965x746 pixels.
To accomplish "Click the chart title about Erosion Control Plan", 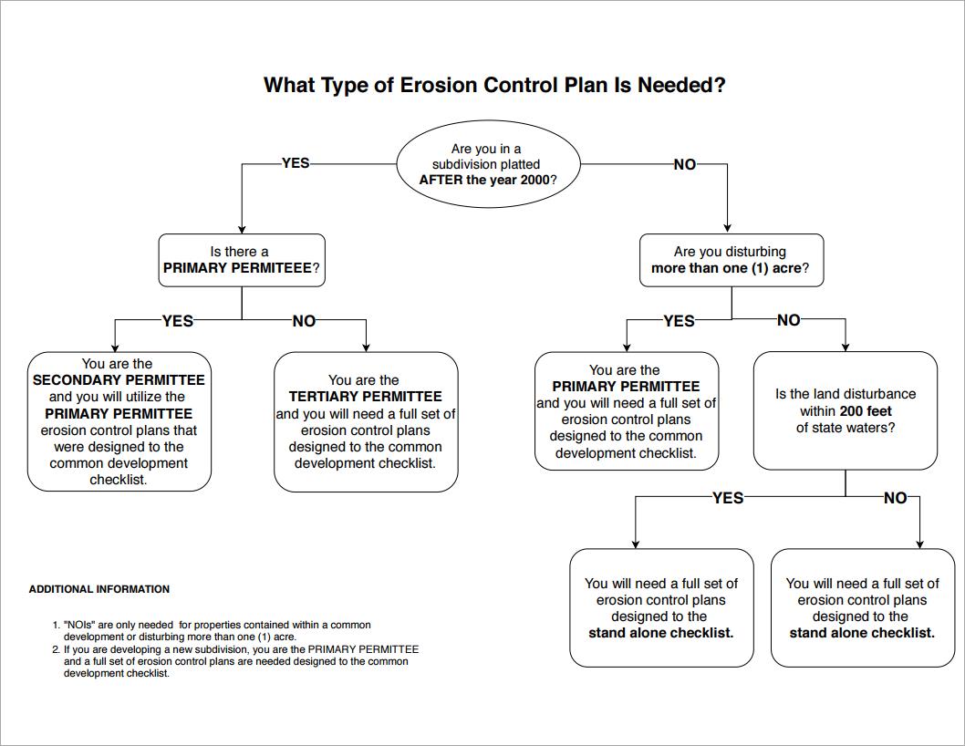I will (494, 85).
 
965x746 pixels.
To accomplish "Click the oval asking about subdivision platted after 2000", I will (488, 164).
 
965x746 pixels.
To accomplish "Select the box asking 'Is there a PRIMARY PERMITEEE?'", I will (241, 260).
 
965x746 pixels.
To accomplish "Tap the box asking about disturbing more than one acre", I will (731, 260).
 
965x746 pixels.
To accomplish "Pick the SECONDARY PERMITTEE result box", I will (119, 421).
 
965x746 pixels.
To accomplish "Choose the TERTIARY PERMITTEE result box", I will (366, 421).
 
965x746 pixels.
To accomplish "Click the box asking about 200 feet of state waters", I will (846, 410).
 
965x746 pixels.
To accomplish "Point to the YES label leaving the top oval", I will (296, 163).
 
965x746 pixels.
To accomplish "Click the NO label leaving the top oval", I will (684, 164).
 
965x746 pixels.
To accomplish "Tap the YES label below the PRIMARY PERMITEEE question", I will (178, 321).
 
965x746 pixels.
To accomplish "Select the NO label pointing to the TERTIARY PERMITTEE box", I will (304, 321).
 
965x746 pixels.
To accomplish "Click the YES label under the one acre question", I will (679, 321).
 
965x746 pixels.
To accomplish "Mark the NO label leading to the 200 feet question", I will (789, 320).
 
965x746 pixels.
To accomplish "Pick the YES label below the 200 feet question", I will (728, 498).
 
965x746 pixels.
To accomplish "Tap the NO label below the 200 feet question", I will (896, 498).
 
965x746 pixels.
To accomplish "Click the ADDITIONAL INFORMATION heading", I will (99, 589).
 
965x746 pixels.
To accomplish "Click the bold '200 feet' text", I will (866, 411).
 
